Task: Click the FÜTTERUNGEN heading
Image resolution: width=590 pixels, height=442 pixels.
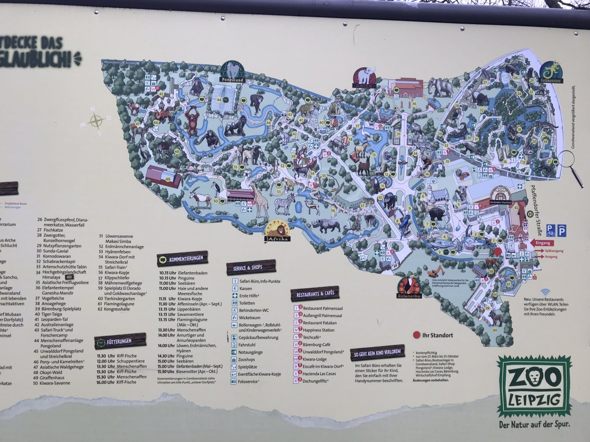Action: coord(120,341)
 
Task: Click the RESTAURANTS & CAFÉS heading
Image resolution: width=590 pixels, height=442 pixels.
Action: coord(315,293)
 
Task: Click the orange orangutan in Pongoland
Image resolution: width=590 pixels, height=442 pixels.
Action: coord(192,120)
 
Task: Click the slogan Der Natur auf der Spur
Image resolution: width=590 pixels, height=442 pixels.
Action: coord(534,425)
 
